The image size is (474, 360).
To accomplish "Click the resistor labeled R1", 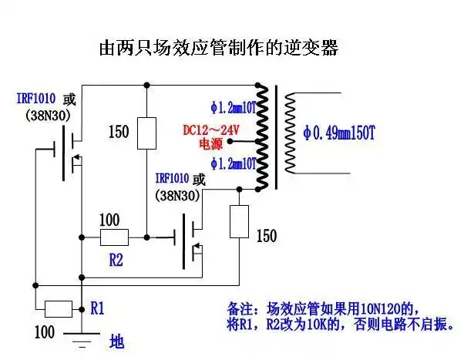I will pos(59,309).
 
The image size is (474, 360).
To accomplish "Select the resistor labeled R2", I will pos(115,237).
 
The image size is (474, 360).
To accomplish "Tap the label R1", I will pos(97,308).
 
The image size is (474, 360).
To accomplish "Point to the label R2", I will pos(116,260).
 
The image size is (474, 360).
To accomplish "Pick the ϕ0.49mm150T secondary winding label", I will pos(340,133).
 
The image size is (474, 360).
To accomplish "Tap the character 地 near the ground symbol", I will pos(116,340).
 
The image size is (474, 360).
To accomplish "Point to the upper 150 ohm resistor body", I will pos(146,133).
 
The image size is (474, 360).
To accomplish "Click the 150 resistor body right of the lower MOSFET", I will pos(240,220).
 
